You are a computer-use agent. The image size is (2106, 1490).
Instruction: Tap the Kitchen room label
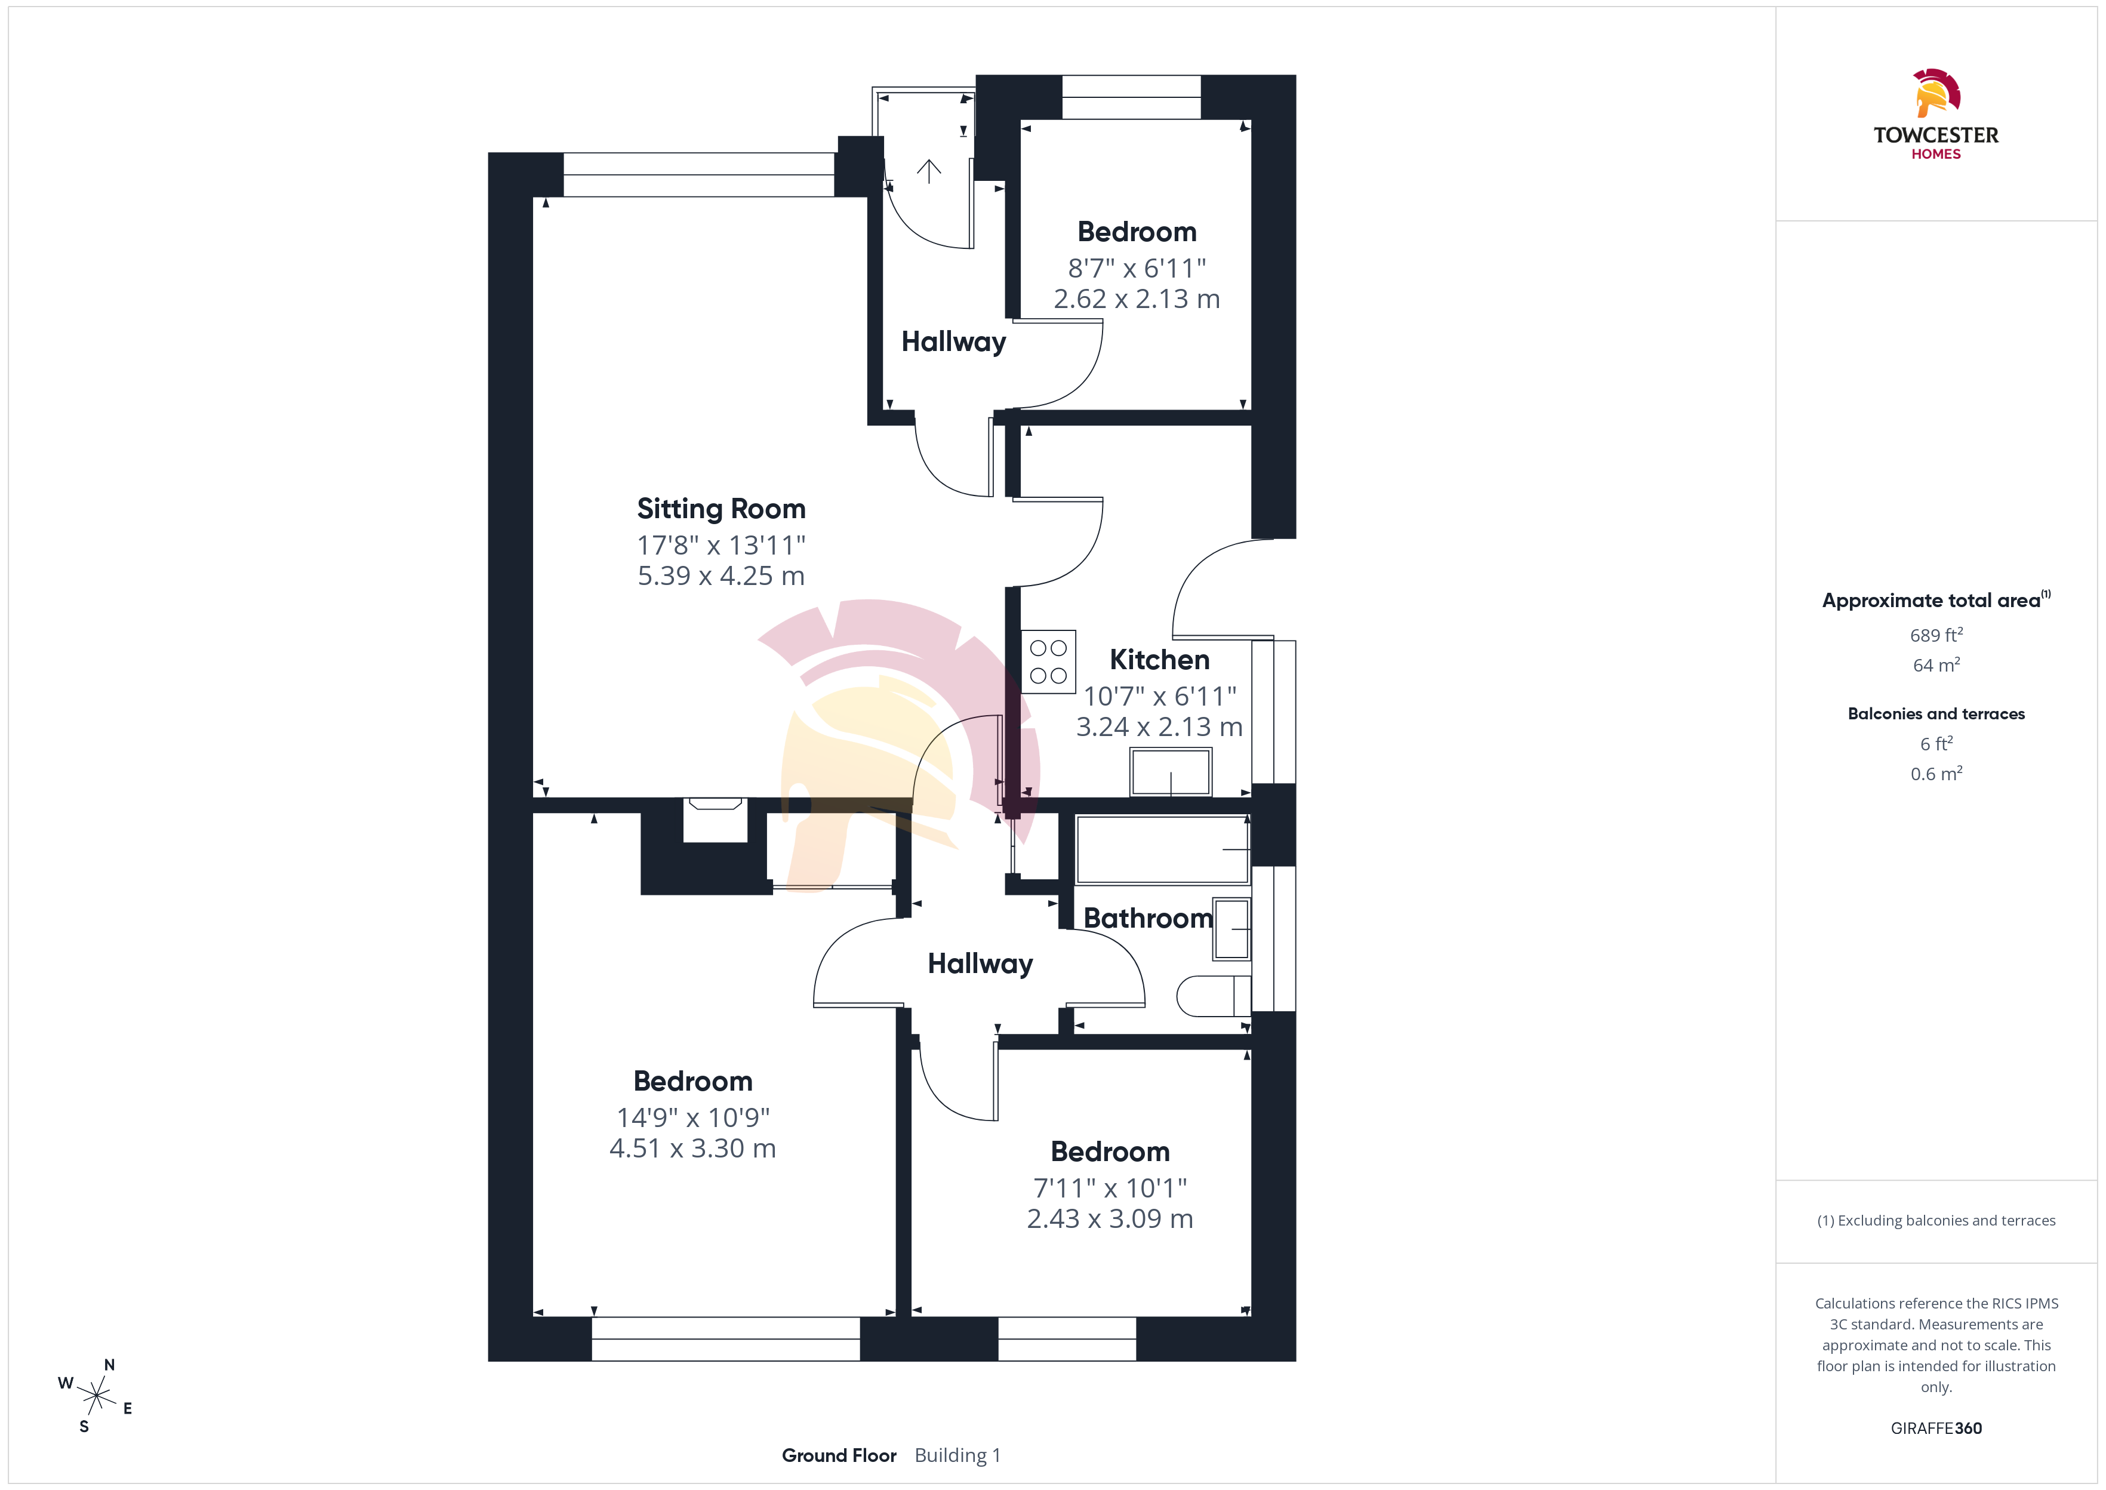[1159, 660]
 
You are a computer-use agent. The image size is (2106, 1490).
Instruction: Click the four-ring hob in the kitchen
[1048, 661]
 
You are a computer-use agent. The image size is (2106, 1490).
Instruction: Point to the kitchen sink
[1171, 772]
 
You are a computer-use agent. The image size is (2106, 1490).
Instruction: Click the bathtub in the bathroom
[1163, 849]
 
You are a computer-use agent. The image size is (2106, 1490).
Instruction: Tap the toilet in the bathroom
[1212, 996]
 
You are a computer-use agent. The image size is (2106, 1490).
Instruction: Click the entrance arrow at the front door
[929, 171]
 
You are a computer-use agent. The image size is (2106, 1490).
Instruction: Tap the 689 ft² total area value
[1936, 635]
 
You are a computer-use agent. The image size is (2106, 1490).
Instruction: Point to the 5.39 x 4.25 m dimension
[721, 576]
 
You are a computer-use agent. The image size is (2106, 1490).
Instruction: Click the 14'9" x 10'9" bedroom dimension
[692, 1117]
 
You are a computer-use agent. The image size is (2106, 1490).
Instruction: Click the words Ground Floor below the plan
[838, 1455]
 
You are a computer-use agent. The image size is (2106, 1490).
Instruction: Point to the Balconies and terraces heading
[1936, 714]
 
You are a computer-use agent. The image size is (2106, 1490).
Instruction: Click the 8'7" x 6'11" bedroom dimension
[1137, 268]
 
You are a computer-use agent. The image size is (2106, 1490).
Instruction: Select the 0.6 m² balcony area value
[1936, 774]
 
